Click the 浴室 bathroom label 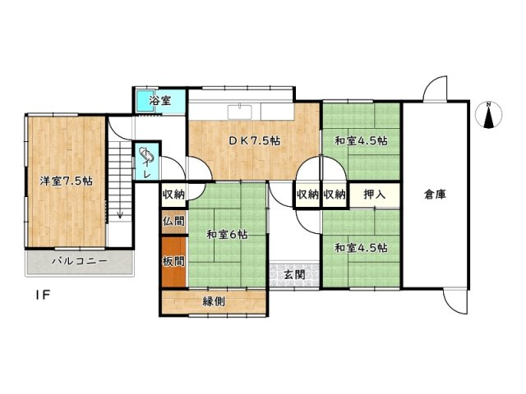tap(160, 101)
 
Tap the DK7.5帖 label tap(254, 140)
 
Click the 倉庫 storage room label tap(436, 195)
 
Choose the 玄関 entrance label tap(295, 274)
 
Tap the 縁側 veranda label tap(214, 301)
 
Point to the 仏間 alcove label tap(173, 221)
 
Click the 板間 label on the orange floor tap(173, 261)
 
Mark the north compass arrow tap(488, 116)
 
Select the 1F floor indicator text tap(40, 295)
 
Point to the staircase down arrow tap(121, 214)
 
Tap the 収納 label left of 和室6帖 tap(173, 195)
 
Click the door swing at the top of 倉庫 tap(436, 89)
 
